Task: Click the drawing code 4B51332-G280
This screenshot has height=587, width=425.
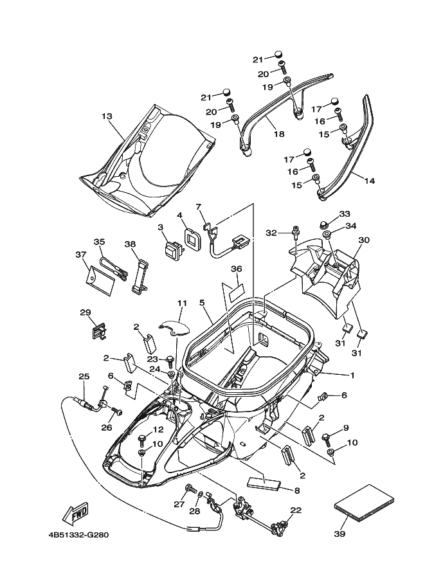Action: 78,534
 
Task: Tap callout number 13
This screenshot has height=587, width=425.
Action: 107,116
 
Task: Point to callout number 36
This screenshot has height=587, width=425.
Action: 236,269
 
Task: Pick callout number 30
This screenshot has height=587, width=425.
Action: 364,240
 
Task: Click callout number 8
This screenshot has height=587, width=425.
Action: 296,491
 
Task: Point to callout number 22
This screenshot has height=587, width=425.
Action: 296,510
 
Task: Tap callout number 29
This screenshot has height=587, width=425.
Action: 86,312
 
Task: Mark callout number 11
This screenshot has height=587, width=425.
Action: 182,303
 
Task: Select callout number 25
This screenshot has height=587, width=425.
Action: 84,376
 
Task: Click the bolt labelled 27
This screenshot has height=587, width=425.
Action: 191,489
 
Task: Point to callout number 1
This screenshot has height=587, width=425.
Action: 352,375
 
